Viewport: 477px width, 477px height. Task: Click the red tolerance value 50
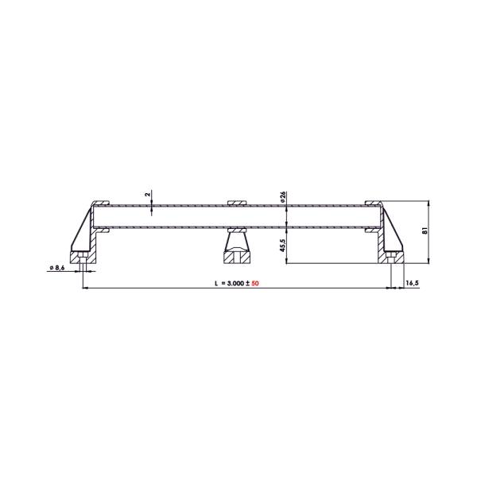[255, 283]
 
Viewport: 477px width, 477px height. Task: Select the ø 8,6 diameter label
[57, 268]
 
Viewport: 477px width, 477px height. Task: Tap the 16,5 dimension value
[412, 283]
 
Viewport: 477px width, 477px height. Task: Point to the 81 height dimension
[425, 231]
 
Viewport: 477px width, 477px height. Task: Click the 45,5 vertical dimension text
[282, 245]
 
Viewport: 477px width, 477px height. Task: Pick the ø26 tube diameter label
[282, 197]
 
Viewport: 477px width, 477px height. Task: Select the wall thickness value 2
[148, 194]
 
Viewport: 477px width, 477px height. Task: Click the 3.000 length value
[235, 283]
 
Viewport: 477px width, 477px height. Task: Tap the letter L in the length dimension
[216, 283]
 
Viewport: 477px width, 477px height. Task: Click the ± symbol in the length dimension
[247, 283]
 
